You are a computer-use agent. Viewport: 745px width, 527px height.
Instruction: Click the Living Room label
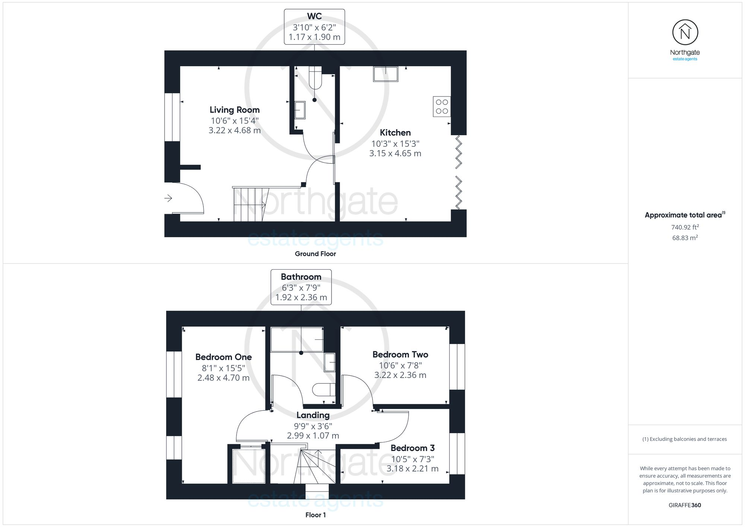click(x=234, y=110)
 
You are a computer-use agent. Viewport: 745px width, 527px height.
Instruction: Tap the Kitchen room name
click(x=395, y=133)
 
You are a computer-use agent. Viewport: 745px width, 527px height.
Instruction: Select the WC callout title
click(x=314, y=16)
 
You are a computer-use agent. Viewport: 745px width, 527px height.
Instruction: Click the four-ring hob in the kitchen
click(x=442, y=107)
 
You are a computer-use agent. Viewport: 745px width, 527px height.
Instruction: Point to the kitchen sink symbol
click(x=386, y=74)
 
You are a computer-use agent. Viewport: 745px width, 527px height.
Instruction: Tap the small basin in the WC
click(x=299, y=110)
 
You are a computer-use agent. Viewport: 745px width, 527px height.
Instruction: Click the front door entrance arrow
click(x=168, y=198)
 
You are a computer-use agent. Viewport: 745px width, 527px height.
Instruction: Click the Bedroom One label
click(x=223, y=357)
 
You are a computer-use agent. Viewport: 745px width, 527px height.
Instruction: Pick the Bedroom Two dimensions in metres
click(x=400, y=375)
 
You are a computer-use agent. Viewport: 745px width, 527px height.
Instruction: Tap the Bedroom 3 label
click(x=412, y=448)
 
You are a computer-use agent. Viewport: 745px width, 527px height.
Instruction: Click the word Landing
click(x=313, y=415)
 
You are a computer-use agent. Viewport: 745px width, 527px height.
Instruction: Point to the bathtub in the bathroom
click(x=297, y=340)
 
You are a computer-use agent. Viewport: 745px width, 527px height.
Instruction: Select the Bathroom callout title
click(x=301, y=277)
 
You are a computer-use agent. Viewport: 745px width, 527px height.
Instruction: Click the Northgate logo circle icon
click(x=685, y=33)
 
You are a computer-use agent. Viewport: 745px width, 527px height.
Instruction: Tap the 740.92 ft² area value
click(x=685, y=227)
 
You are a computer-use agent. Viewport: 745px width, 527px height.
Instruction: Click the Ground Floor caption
click(x=315, y=254)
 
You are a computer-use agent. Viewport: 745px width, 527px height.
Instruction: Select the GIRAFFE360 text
click(x=685, y=505)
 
